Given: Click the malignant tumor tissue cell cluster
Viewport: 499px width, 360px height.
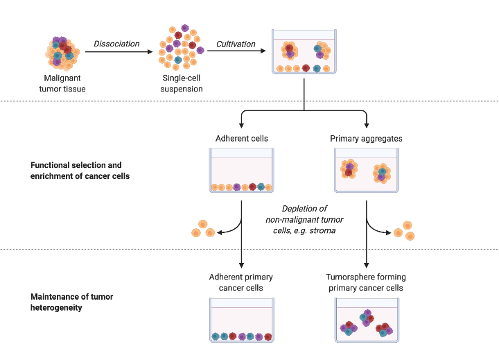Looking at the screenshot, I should tap(62, 53).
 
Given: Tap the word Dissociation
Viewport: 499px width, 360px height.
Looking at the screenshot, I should tap(116, 44).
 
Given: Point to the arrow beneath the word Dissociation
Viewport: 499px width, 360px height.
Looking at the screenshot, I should tap(116, 51).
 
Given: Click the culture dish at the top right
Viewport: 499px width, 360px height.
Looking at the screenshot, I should tap(304, 52).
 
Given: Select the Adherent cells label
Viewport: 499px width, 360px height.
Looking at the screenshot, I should tap(241, 139).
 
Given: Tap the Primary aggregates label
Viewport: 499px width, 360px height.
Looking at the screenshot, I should tap(367, 139).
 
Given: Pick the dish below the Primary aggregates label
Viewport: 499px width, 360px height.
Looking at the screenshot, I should tap(367, 171).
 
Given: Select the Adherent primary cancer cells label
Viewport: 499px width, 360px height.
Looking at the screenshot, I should tap(241, 283).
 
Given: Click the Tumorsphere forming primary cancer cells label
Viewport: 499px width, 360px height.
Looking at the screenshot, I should tap(367, 283).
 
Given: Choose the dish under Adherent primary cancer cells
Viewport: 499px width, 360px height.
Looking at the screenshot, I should tap(241, 320).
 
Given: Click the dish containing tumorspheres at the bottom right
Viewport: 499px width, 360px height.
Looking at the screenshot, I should tap(367, 320).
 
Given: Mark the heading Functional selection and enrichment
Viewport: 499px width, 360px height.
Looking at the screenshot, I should tap(76, 171).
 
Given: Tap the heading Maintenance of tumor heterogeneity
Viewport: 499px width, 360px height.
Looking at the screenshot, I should tap(72, 302).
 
